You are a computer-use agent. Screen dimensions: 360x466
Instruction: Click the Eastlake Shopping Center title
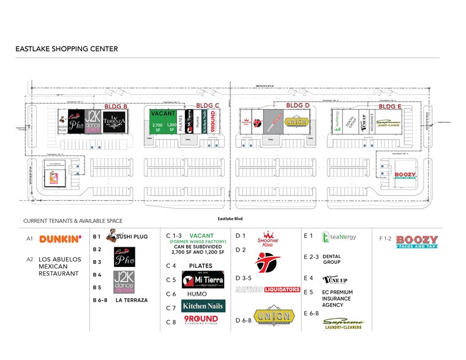click(x=67, y=49)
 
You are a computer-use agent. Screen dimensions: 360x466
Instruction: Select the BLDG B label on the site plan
click(x=116, y=107)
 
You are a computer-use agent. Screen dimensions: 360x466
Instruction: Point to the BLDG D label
click(x=298, y=106)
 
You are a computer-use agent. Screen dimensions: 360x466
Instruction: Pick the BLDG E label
click(x=389, y=107)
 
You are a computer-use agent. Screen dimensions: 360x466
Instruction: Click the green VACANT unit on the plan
click(x=163, y=121)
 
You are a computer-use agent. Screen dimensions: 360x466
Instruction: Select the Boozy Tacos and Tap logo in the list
click(x=417, y=241)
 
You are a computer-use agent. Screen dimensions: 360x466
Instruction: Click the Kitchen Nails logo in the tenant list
click(x=203, y=306)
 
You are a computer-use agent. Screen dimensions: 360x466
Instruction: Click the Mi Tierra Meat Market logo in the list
click(x=203, y=280)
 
